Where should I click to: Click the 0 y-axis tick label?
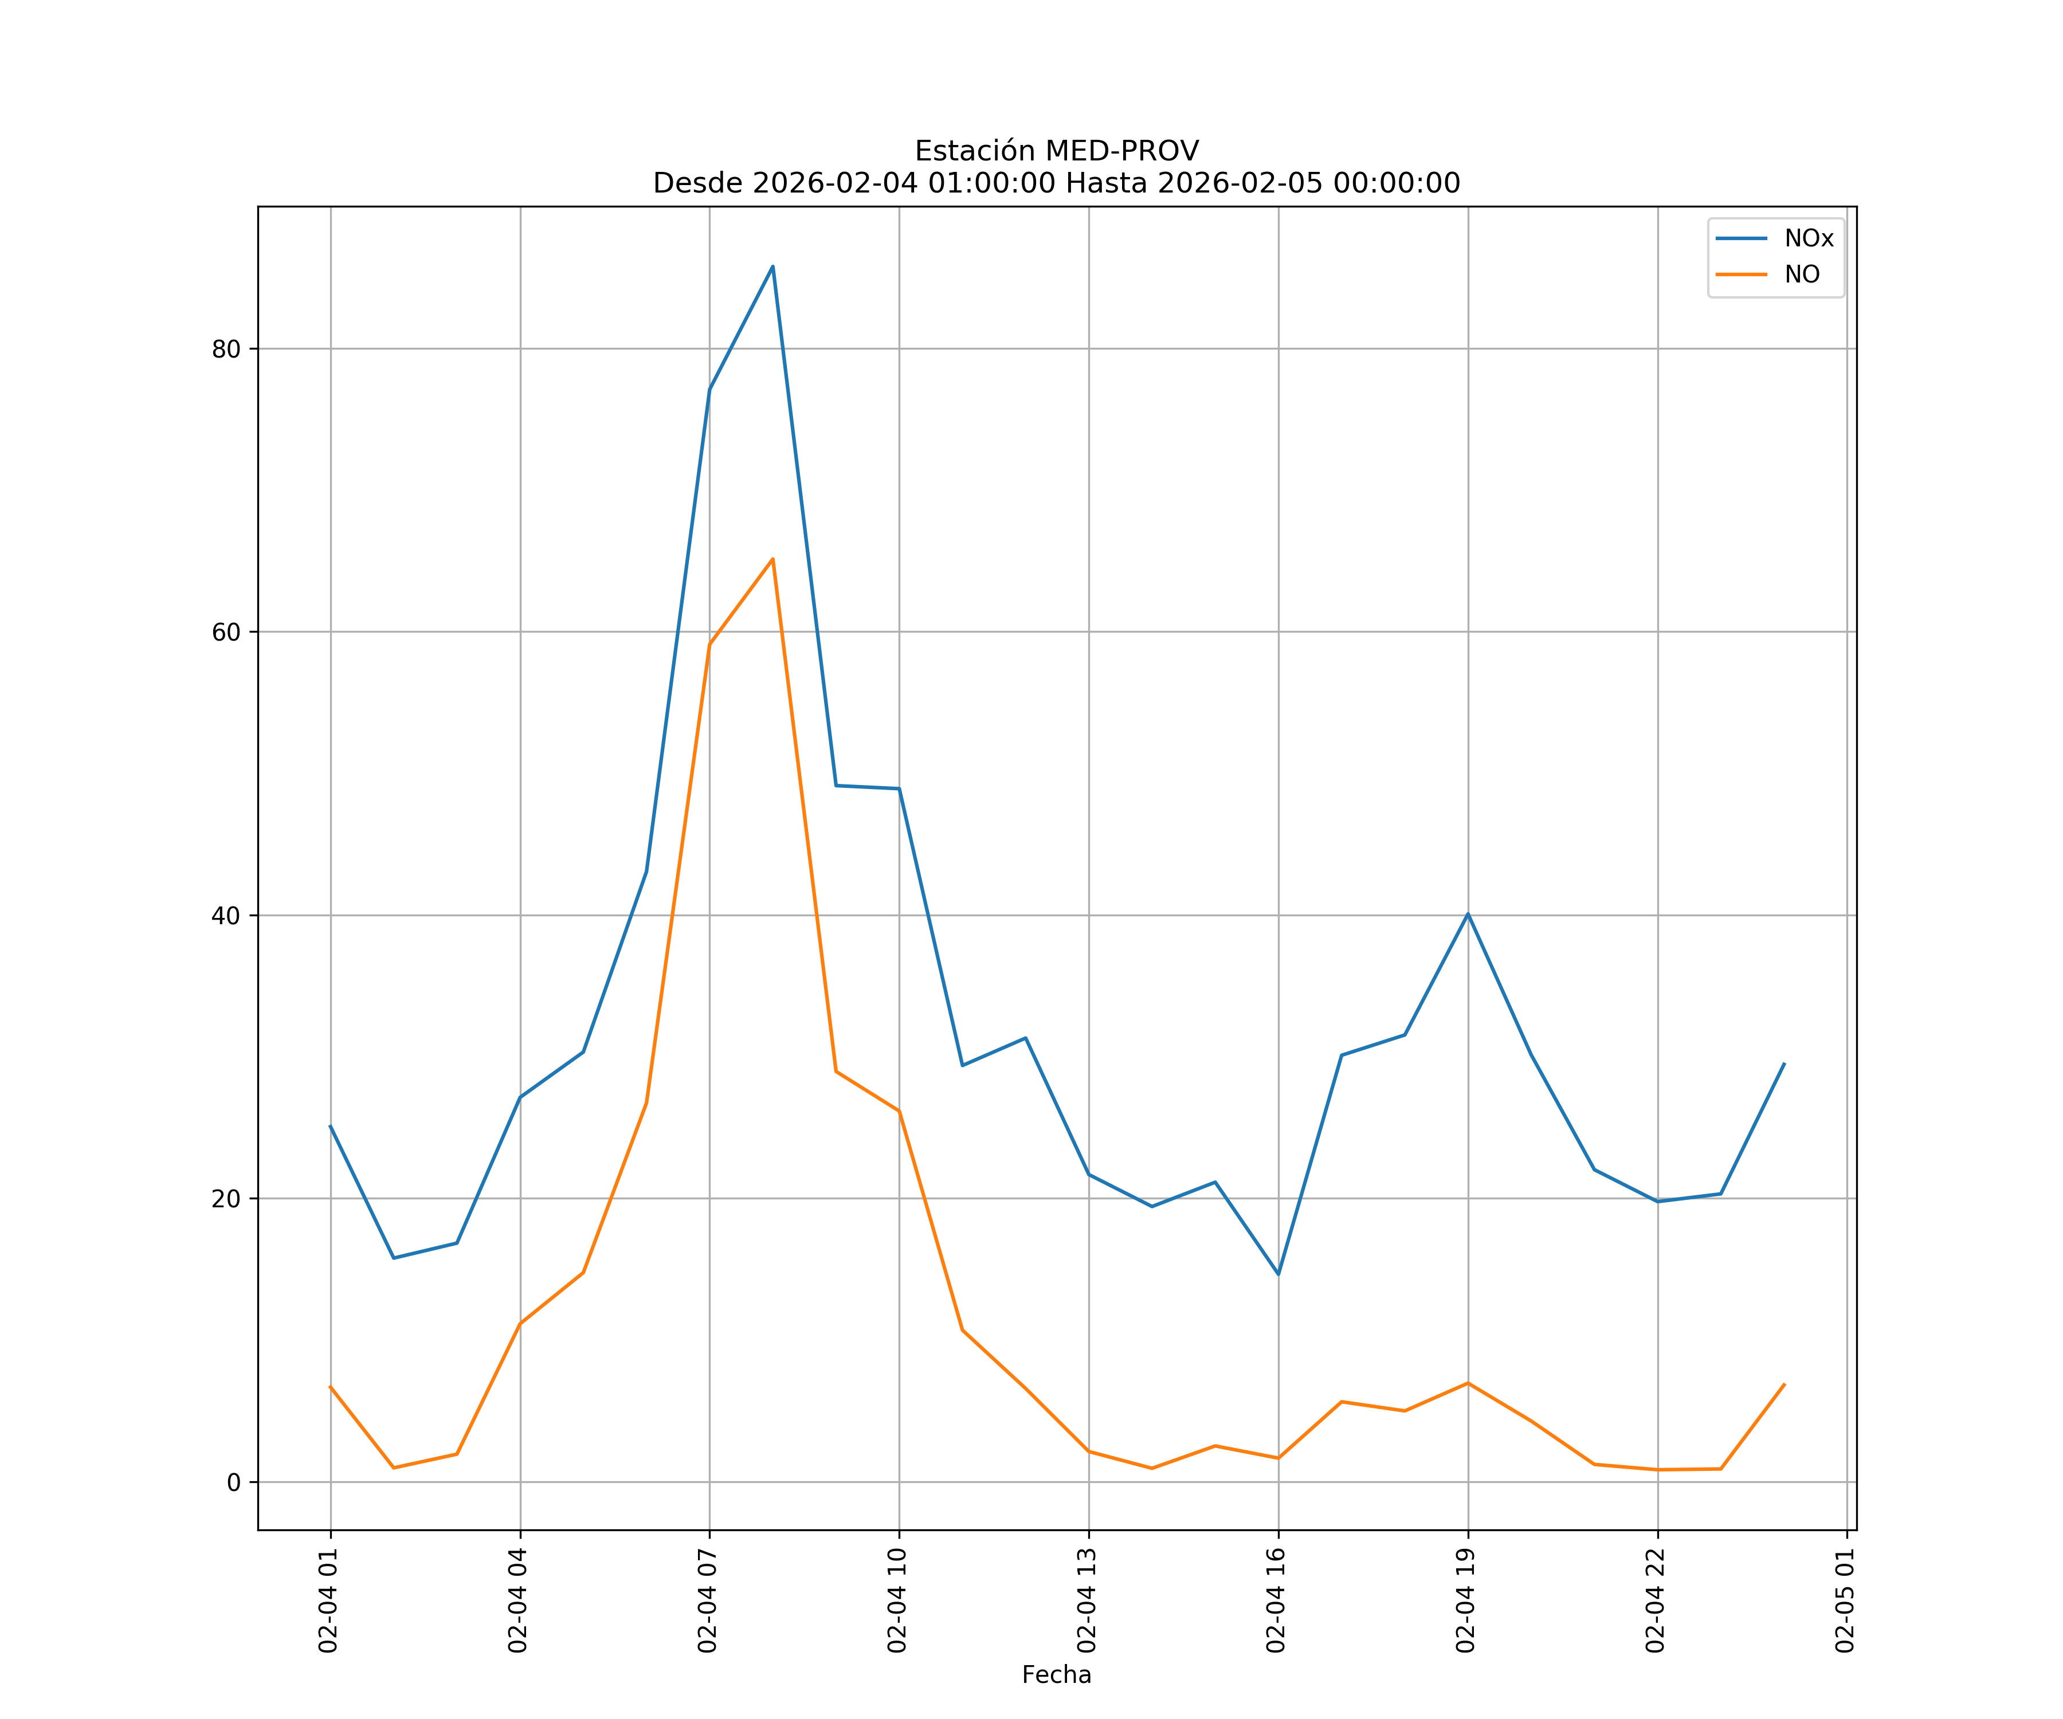point(234,1482)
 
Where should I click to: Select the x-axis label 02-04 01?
point(329,1600)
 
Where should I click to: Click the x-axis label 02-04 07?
point(708,1600)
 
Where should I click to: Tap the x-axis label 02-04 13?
point(1088,1600)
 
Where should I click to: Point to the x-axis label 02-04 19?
point(1466,1600)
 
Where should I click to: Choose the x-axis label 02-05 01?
point(1846,1600)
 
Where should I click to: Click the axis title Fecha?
point(1056,1675)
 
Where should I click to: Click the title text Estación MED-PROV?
point(1056,151)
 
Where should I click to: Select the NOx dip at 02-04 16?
point(1278,1274)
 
